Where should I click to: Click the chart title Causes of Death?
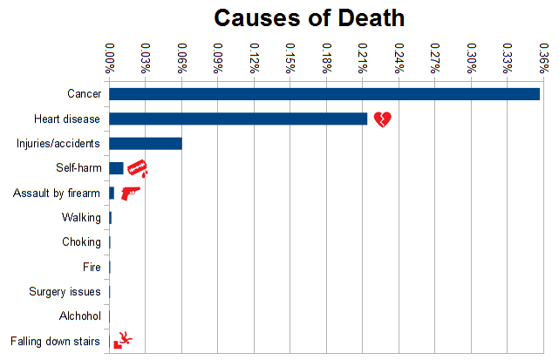(x=309, y=17)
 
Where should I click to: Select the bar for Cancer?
(x=324, y=94)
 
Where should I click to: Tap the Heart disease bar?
(x=238, y=119)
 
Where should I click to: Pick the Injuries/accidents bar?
(x=146, y=144)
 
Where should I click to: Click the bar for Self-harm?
(x=116, y=168)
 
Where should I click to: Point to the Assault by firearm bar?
(x=112, y=193)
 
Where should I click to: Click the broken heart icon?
(x=383, y=119)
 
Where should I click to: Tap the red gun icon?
(x=130, y=193)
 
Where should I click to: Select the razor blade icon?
(x=137, y=167)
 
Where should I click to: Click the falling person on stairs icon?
(x=123, y=340)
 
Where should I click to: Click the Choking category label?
(x=80, y=242)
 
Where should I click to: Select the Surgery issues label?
(x=65, y=292)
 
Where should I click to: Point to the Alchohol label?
(x=79, y=316)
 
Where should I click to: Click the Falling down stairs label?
(x=55, y=341)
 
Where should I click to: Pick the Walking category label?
(x=80, y=218)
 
